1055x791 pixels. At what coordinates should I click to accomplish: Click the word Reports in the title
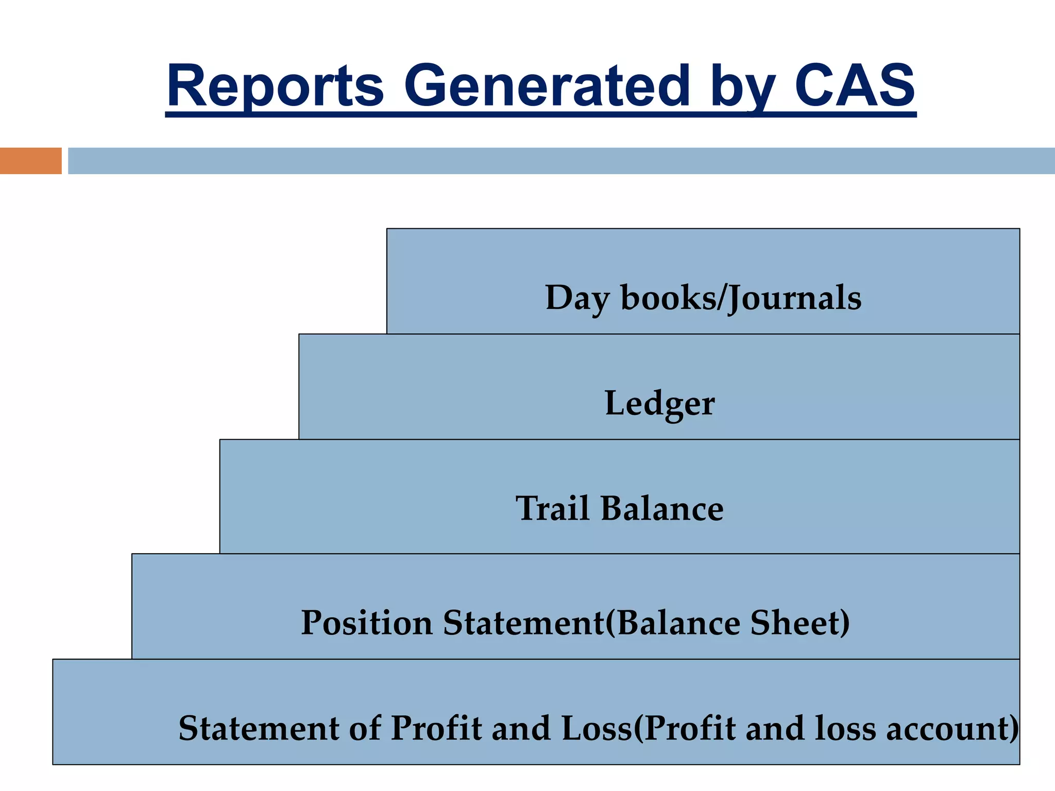pyautogui.click(x=275, y=86)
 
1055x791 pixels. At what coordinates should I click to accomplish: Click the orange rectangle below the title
pyautogui.click(x=30, y=161)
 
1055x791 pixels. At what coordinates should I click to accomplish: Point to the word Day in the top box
pyautogui.click(x=577, y=299)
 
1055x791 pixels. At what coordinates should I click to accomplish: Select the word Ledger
pyautogui.click(x=659, y=404)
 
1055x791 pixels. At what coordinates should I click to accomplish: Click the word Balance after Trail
pyautogui.click(x=662, y=509)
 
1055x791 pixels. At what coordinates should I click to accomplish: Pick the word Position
pyautogui.click(x=366, y=623)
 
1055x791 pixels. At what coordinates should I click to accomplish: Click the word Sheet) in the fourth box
pyautogui.click(x=799, y=623)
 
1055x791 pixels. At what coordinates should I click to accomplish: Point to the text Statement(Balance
pyautogui.click(x=592, y=623)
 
